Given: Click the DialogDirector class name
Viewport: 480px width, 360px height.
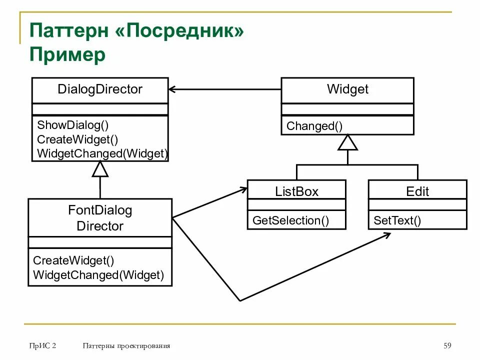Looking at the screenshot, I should click(x=100, y=89).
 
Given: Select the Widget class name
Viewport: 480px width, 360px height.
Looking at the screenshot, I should click(x=347, y=89).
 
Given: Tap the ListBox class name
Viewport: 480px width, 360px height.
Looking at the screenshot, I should click(x=296, y=191).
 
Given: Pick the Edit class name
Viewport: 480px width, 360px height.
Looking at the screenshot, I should click(x=417, y=191).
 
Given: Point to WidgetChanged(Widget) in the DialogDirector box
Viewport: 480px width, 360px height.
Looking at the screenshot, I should click(x=102, y=153).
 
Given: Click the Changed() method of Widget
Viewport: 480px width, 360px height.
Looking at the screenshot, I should click(x=314, y=126).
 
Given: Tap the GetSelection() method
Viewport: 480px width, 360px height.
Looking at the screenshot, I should click(x=290, y=220).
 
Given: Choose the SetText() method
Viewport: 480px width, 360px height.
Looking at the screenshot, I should click(x=397, y=220).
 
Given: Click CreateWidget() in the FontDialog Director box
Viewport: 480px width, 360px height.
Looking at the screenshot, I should click(x=73, y=260).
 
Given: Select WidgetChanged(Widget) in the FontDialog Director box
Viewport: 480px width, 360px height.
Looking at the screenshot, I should click(x=98, y=274).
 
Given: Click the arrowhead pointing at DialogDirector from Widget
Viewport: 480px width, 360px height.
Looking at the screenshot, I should click(x=173, y=89).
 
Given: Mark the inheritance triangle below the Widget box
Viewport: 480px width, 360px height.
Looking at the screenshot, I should click(x=347, y=143).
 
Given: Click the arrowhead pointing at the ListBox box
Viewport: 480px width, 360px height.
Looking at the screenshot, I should click(x=243, y=189).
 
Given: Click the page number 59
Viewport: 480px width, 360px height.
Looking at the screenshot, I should click(x=447, y=345).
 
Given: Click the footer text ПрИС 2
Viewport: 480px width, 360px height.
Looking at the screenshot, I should click(x=42, y=345).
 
